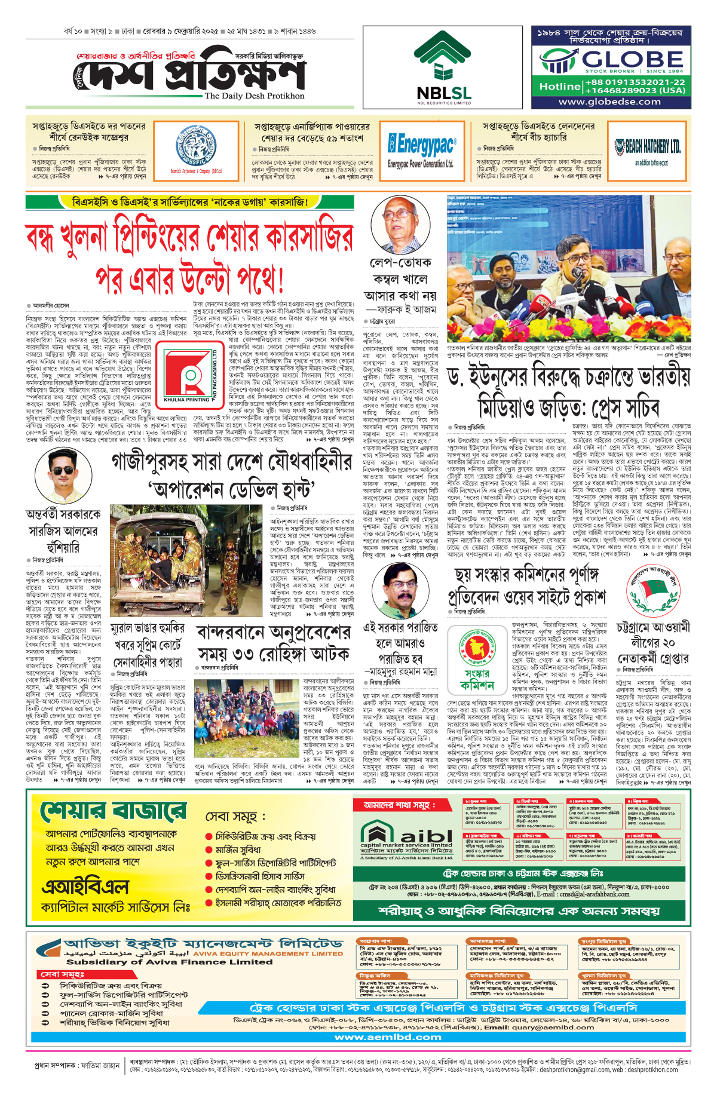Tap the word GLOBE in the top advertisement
pos(632,59)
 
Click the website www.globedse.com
pos(609,102)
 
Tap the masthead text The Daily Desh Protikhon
pos(254,96)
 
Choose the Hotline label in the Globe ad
pos(560,87)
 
